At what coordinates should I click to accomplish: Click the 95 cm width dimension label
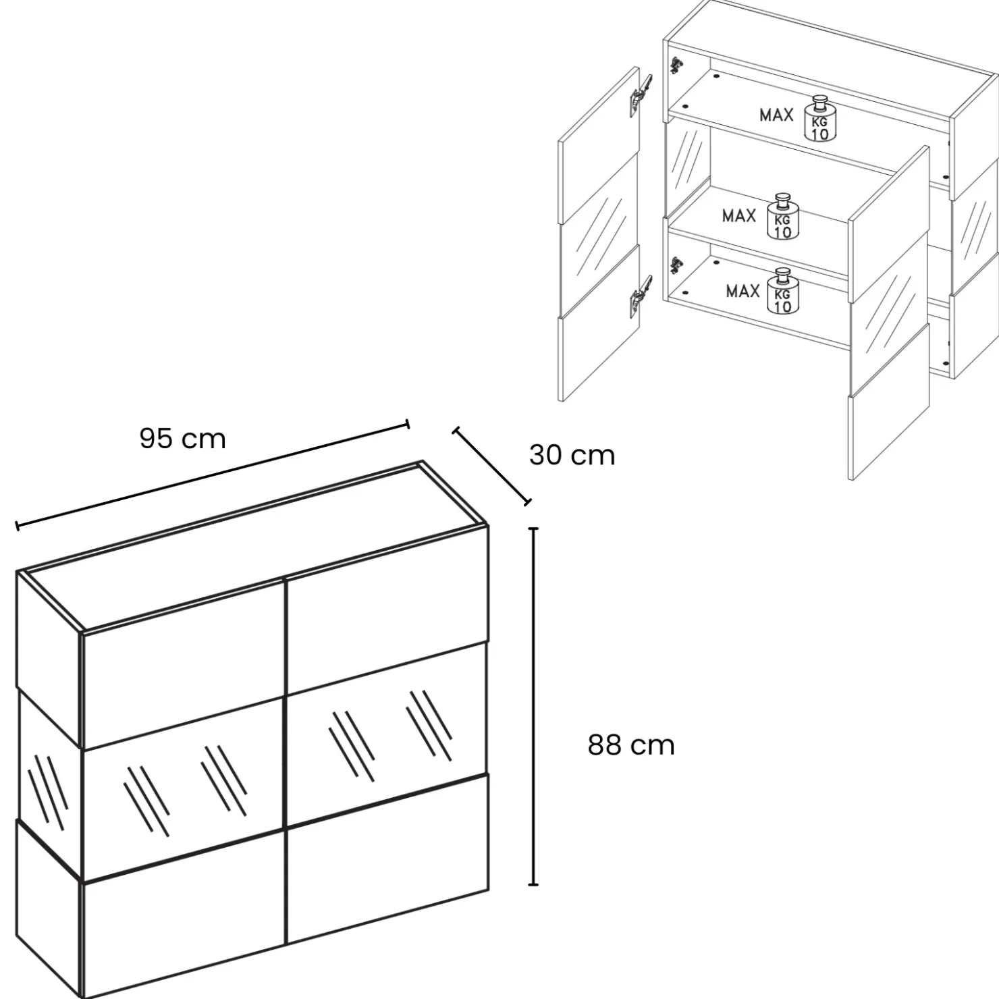pyautogui.click(x=182, y=439)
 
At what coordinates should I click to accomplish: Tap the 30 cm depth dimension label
pyautogui.click(x=572, y=455)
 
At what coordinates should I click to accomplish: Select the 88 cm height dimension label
pyautogui.click(x=631, y=745)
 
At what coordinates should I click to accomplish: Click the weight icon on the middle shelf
pyautogui.click(x=783, y=216)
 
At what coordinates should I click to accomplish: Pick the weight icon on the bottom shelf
pyautogui.click(x=782, y=291)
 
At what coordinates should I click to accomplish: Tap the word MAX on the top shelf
pyautogui.click(x=776, y=115)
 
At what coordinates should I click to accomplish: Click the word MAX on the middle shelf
pyautogui.click(x=739, y=216)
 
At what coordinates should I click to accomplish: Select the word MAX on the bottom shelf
pyautogui.click(x=743, y=291)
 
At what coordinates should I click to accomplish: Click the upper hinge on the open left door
pyautogui.click(x=641, y=93)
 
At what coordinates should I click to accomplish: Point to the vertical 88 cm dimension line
pyautogui.click(x=534, y=706)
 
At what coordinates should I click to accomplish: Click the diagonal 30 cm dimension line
pyautogui.click(x=491, y=465)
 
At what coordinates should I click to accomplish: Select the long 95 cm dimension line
pyautogui.click(x=212, y=474)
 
